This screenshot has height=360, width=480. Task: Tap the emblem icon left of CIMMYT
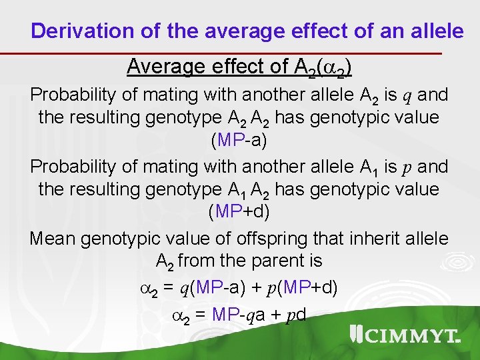coord(357,335)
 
